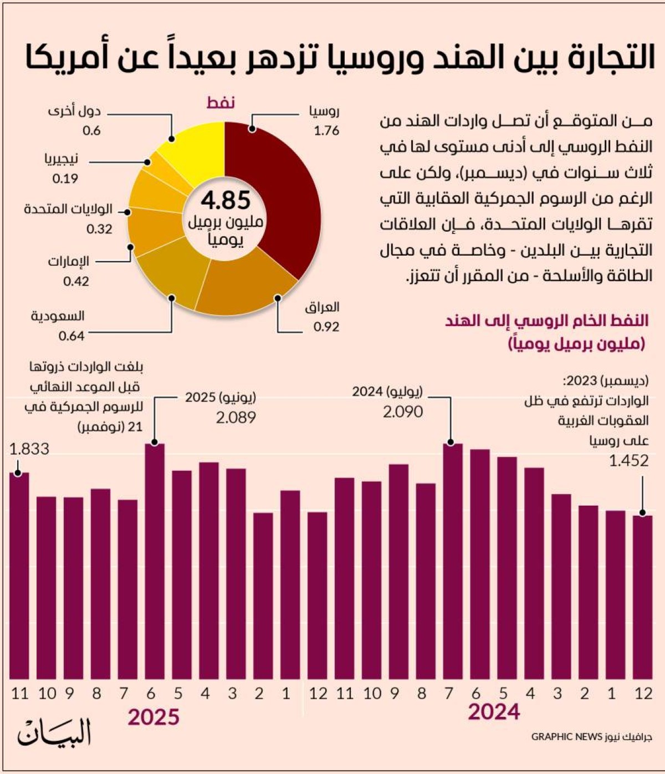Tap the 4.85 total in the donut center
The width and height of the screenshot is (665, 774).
[225, 200]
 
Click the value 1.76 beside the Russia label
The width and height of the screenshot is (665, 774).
[326, 131]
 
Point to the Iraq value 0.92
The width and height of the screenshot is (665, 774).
[326, 327]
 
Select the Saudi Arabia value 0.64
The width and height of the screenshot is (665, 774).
[71, 336]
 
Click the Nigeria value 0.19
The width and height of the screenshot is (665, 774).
[65, 179]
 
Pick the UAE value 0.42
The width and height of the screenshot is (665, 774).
[76, 281]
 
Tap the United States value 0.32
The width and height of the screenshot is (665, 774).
[99, 229]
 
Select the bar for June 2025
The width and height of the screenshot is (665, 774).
[155, 560]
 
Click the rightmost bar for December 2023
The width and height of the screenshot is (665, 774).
[643, 596]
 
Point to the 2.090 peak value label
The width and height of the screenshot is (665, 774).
[403, 412]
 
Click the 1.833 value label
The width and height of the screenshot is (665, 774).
[29, 449]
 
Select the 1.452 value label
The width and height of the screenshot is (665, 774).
[628, 461]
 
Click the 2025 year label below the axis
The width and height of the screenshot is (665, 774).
[154, 717]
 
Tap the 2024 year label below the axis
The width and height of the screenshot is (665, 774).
[494, 712]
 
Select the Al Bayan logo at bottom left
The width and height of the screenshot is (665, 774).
[54, 732]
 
